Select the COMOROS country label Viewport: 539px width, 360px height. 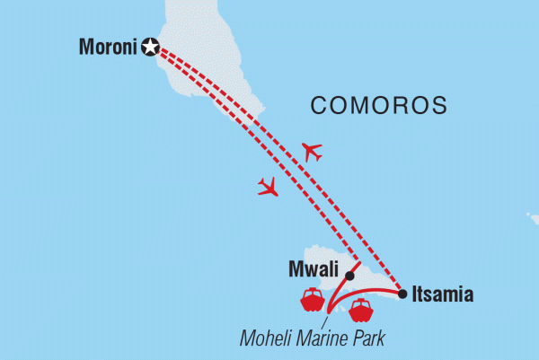379,105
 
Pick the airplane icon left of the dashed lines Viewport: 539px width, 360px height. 268,187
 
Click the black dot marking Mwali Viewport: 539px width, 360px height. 349,276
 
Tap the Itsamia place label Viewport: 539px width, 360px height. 442,294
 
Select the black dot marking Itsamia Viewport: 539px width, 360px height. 402,293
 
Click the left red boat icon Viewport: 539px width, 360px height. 312,299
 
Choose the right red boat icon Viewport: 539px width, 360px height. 360,311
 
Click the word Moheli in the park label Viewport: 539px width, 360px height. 269,338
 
